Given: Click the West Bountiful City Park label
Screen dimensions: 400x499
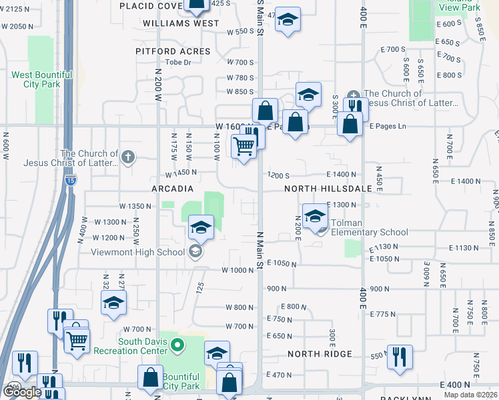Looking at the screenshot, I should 41,79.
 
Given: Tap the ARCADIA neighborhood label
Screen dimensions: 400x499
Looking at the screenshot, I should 173,189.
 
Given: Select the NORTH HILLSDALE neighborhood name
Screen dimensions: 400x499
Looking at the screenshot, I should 328,189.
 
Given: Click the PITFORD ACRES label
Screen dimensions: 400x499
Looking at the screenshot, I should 173,51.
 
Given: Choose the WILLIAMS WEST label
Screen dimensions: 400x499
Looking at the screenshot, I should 181,23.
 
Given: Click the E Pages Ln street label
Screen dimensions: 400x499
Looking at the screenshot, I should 388,126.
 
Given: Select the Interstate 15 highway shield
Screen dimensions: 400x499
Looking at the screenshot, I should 71,180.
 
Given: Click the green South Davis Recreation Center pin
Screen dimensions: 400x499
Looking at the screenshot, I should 177,345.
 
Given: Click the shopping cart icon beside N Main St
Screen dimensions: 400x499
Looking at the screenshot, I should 244,146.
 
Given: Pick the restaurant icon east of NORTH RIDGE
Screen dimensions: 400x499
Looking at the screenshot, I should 400,357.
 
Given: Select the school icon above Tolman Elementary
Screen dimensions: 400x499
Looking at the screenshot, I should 315,215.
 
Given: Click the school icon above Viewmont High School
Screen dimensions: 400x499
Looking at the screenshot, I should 201,227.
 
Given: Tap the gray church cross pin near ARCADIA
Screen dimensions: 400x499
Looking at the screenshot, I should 129,158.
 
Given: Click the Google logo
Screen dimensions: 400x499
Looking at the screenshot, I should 22,392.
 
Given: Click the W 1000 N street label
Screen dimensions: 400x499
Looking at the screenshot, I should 235,270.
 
